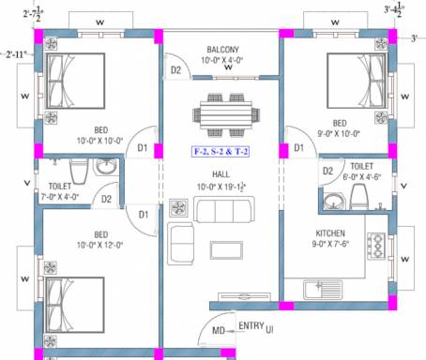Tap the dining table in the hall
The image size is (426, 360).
[x=224, y=113]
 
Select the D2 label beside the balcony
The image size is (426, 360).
[x=175, y=69]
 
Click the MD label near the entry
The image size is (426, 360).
[x=218, y=329]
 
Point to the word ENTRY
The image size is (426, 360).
[x=251, y=325]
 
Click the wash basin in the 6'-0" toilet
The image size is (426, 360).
[x=332, y=200]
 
